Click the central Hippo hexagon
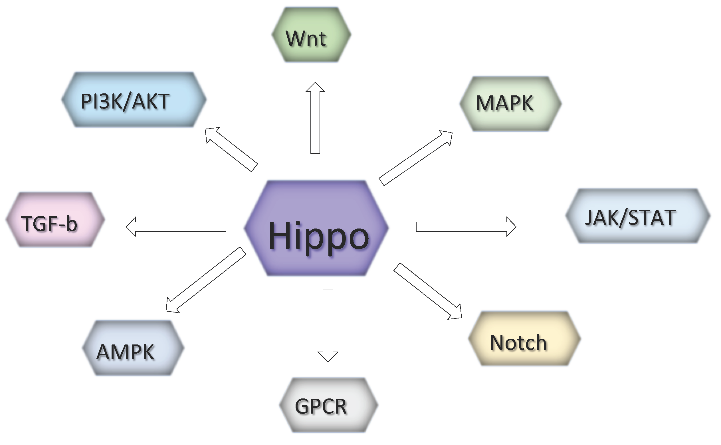click(316, 228)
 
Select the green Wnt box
click(311, 35)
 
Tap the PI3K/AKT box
click(134, 100)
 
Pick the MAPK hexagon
click(510, 104)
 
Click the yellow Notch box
click(524, 339)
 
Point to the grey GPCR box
click(328, 405)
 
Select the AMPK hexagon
click(133, 348)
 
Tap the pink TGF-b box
click(55, 220)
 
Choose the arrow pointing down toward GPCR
click(328, 324)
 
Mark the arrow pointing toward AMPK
click(206, 280)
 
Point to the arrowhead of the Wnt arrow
click(315, 87)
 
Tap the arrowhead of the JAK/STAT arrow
click(511, 226)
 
